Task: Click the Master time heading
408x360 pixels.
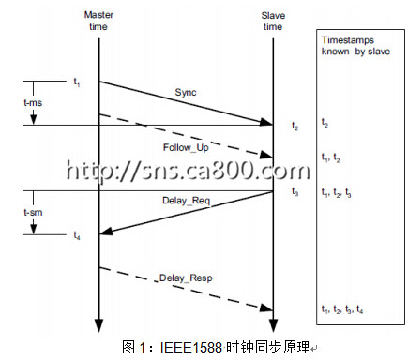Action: [98, 21]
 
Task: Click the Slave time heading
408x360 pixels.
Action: [273, 21]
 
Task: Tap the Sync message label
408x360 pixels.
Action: [186, 92]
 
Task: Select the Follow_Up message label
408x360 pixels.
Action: [186, 147]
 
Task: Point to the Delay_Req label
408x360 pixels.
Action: [186, 201]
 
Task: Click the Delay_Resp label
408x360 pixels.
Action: [186, 277]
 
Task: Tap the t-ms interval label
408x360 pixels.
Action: [33, 102]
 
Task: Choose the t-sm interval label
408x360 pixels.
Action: [33, 212]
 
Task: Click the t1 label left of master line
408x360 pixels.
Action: [77, 82]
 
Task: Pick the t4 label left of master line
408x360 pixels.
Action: [77, 235]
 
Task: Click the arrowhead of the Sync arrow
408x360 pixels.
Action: [266, 122]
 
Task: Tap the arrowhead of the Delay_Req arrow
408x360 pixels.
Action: [106, 231]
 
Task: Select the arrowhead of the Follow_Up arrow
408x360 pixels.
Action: [266, 155]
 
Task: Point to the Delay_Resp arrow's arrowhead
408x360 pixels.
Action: [266, 307]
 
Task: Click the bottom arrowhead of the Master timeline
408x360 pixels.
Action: [99, 325]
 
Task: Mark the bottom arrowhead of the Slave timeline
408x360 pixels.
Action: [273, 325]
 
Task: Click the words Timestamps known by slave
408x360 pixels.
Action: [355, 46]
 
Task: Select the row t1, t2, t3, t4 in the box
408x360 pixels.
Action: [342, 309]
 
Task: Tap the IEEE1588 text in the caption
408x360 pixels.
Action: [190, 347]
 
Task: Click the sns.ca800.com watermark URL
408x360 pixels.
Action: [189, 171]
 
